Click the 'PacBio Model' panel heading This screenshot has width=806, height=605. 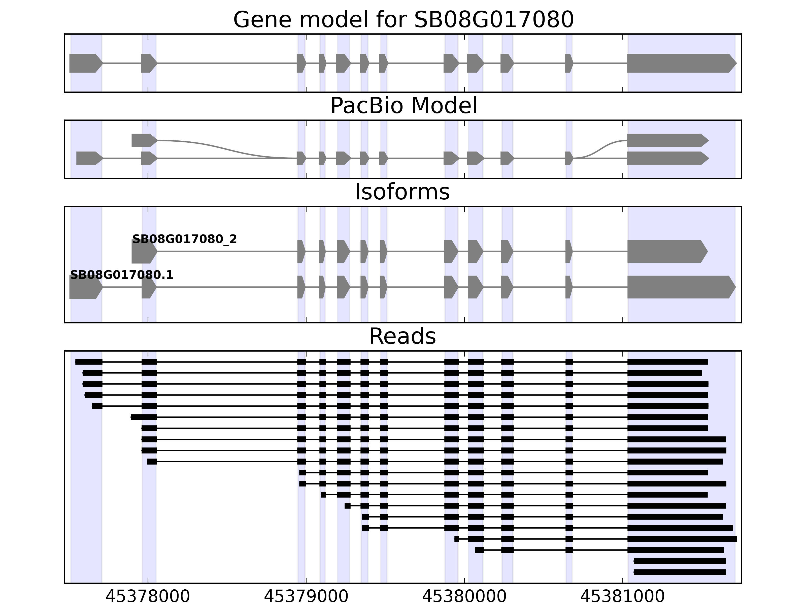[403, 106]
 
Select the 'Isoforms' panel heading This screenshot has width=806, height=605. [402, 192]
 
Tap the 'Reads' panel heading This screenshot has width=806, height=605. [402, 336]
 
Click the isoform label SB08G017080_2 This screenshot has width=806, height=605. [184, 239]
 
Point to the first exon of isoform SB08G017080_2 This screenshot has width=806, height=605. [144, 251]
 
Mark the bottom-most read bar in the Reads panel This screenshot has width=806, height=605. [680, 572]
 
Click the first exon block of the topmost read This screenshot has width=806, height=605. [89, 362]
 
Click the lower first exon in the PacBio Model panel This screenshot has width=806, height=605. [89, 158]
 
